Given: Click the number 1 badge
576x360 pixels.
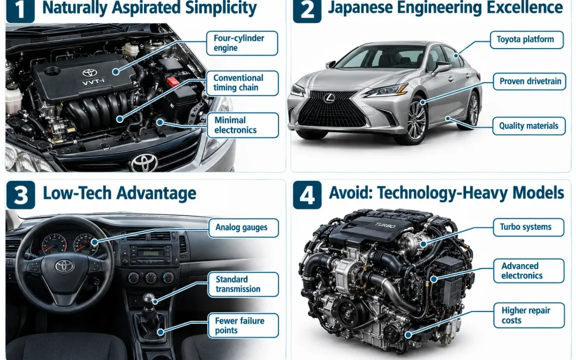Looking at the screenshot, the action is coord(20,10).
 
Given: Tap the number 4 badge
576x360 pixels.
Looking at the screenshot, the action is coord(307,195).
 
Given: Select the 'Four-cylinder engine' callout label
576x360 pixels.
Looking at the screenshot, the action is coord(242,43).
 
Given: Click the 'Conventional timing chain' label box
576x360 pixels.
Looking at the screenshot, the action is coord(242,83).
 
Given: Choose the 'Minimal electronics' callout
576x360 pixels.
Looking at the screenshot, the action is coord(243,125).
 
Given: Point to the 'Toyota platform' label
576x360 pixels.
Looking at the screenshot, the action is coord(527,39).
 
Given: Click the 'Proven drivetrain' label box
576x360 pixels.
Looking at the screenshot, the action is coord(530,81).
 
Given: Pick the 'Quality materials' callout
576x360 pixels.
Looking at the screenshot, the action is coord(529,126).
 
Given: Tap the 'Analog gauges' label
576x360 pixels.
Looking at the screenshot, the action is coord(243,228).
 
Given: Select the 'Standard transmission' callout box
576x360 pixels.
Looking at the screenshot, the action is coord(243,284).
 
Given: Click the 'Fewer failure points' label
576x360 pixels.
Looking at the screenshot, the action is coord(243,325).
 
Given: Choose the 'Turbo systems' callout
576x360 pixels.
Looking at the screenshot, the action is coord(528,227).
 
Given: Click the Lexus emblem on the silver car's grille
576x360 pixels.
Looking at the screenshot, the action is coord(329,98).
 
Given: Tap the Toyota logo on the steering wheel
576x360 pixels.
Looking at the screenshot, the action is coord(65,266).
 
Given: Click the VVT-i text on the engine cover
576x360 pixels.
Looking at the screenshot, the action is coord(93,82).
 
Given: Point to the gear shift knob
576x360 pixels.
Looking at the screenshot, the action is coord(149,299).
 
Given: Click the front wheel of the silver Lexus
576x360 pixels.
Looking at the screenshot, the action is coord(415,121).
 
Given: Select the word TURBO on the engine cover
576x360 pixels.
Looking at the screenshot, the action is coord(385,225).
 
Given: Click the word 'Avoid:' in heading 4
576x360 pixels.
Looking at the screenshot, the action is coord(351,193).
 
